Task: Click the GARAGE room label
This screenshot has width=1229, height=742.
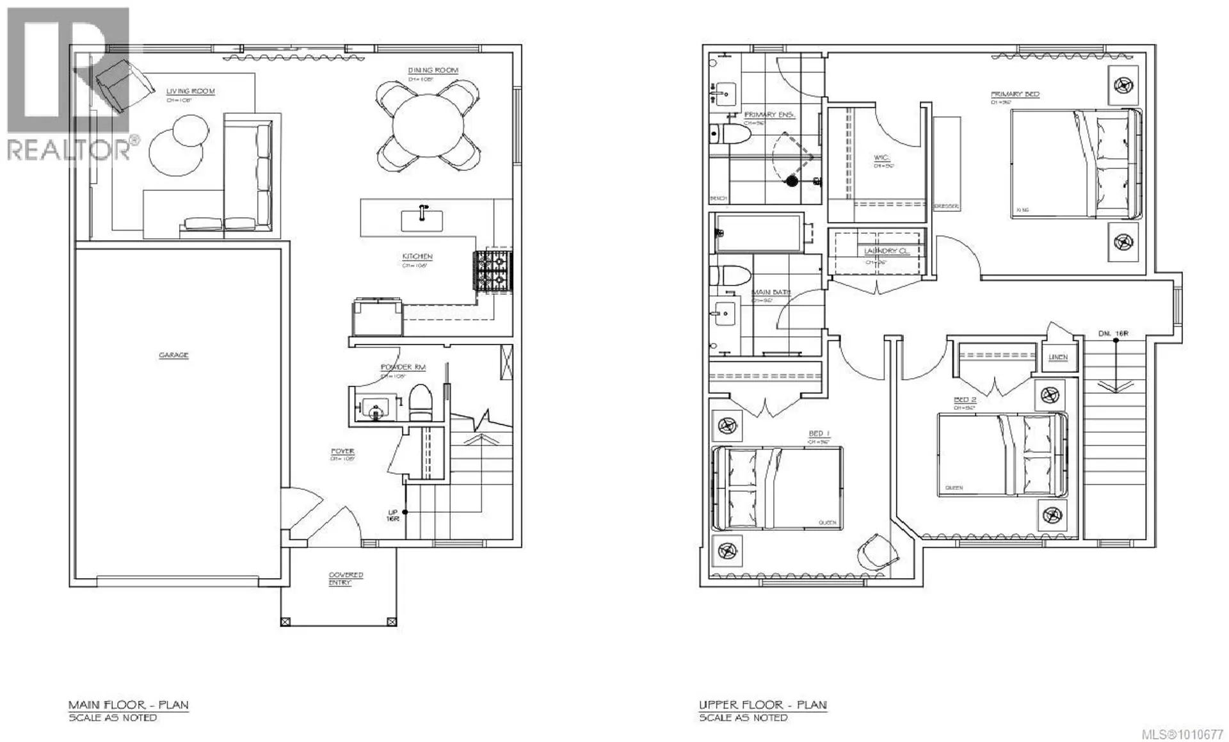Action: tap(173, 355)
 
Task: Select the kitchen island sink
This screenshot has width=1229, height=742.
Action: tap(422, 219)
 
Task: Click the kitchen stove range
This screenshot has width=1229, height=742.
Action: tap(492, 272)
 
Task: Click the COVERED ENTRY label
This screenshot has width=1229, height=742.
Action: tap(346, 578)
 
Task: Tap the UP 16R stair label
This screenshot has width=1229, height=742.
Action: tap(393, 515)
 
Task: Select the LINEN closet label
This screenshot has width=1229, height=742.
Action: tap(1058, 357)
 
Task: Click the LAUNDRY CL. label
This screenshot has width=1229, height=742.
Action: tap(886, 251)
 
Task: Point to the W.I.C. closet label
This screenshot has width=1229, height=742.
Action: tap(881, 157)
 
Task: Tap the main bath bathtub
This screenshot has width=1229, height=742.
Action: tap(758, 233)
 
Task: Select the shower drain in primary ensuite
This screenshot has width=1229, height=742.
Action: tap(792, 181)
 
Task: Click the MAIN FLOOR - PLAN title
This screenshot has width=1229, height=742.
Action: tap(128, 705)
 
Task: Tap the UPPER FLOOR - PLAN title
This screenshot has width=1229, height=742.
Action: tap(762, 705)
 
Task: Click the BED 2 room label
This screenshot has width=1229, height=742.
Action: tap(965, 399)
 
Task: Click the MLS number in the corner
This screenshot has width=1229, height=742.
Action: tap(1192, 734)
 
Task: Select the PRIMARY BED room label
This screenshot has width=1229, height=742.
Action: tap(1015, 94)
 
